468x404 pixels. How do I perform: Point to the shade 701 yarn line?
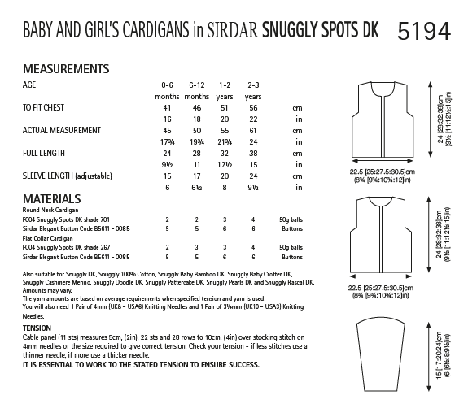[68, 220]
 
